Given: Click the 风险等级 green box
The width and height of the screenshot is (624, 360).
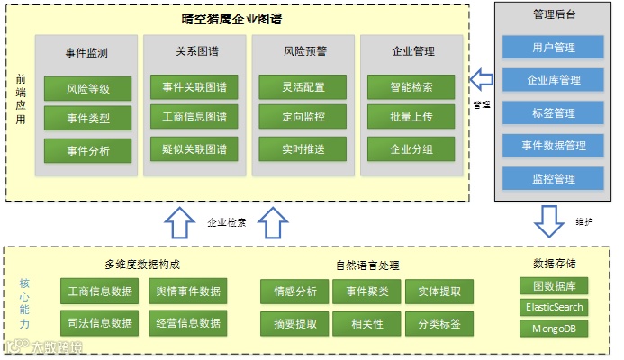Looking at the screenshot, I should (x=87, y=88).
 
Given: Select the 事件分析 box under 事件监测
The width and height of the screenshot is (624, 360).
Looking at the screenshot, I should (x=87, y=150).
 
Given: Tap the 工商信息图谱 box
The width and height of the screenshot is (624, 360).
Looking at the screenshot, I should (x=194, y=117).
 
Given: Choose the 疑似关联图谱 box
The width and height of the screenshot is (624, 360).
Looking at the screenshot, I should (x=194, y=148).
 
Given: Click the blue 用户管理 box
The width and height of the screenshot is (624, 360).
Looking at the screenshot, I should (x=553, y=47).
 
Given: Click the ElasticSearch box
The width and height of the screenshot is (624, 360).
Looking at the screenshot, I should (x=554, y=307).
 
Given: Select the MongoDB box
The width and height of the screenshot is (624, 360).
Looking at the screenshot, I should (x=554, y=328).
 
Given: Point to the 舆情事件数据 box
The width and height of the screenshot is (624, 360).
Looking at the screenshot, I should (x=187, y=292).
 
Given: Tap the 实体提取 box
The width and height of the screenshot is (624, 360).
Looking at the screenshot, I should (x=439, y=292).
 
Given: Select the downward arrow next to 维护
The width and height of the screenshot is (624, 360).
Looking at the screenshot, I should (x=547, y=220).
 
